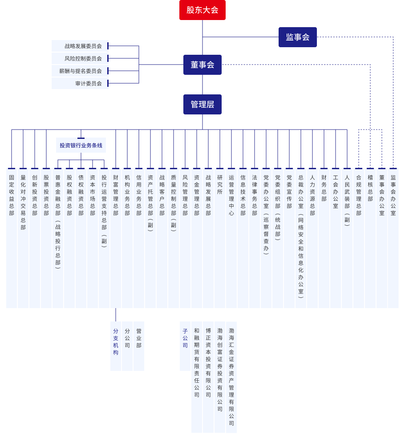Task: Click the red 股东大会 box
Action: coord(202,10)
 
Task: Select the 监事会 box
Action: coord(298,37)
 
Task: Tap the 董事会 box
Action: coord(202,65)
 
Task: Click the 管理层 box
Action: coord(202,104)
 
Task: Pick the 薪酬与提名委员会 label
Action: coord(80,71)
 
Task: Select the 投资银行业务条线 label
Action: coord(81,145)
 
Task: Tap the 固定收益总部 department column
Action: coord(12,238)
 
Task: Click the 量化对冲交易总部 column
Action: coord(23,238)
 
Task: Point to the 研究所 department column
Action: coord(220,238)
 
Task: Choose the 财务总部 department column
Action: coord(324,238)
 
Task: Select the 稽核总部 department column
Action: coord(370,238)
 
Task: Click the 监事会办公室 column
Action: coord(393,238)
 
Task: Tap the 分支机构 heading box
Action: coord(116,346)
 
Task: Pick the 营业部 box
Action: coord(139,346)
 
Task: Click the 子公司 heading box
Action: coord(185,346)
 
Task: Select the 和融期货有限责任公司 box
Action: coord(197,377)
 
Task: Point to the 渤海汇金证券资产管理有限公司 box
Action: coord(231,377)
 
